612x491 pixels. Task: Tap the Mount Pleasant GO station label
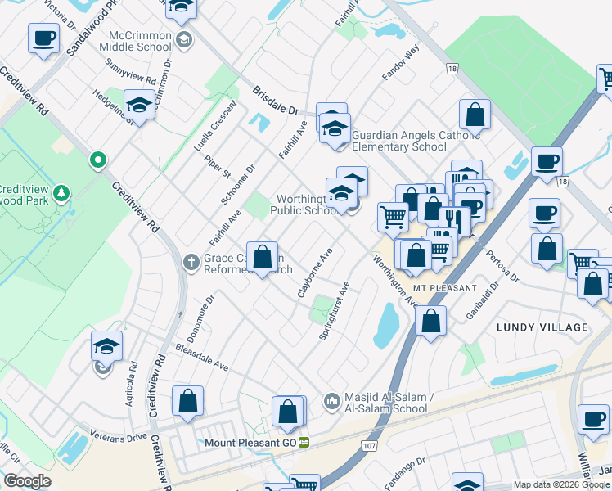pos(250,443)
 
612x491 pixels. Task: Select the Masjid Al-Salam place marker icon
pos(331,400)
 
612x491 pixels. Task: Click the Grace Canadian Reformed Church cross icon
pos(190,262)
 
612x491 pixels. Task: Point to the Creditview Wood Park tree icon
pos(61,194)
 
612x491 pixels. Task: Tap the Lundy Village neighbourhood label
pos(542,327)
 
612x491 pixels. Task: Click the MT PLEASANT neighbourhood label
pos(444,289)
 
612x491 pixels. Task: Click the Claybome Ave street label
pos(314,272)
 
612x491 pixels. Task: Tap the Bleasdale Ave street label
pos(201,357)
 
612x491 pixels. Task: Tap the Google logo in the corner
pos(27,481)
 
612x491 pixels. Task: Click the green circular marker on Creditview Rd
pos(98,160)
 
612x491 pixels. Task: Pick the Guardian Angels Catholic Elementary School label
pos(399,141)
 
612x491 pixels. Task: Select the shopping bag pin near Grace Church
pos(263,258)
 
